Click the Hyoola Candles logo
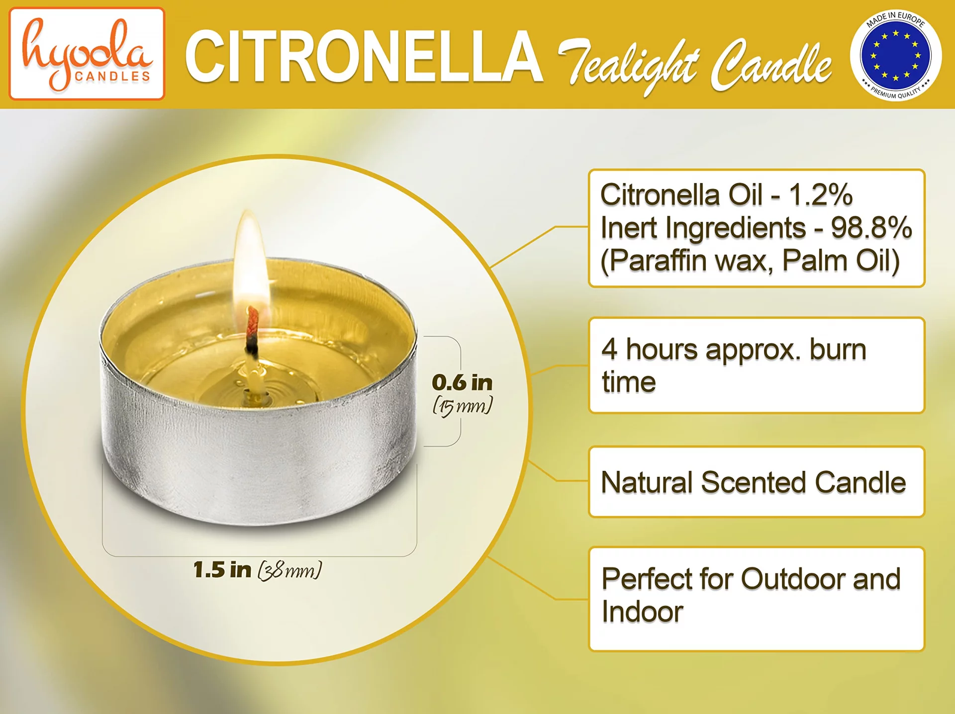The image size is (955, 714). tap(87, 54)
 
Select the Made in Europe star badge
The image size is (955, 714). tap(895, 55)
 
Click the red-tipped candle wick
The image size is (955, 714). tap(253, 331)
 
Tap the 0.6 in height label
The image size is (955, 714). tap(462, 382)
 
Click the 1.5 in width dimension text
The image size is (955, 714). tap(222, 570)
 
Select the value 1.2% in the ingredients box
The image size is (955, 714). tap(821, 194)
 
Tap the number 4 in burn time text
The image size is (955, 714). tap(609, 349)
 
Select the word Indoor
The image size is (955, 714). tap(642, 612)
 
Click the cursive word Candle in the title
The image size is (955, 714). tap(771, 65)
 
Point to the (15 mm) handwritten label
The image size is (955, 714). tap(463, 406)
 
